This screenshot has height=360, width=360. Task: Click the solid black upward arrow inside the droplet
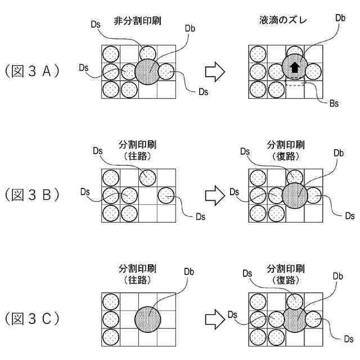(294, 68)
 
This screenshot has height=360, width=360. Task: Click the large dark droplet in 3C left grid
(148, 318)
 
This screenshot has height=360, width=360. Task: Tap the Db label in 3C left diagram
(190, 272)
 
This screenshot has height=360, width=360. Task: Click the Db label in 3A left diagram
(190, 29)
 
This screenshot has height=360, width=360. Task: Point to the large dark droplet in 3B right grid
(295, 195)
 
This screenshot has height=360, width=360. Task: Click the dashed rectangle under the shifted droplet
(295, 83)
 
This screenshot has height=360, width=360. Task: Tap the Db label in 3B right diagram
(339, 152)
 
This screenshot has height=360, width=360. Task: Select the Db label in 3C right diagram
(339, 276)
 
